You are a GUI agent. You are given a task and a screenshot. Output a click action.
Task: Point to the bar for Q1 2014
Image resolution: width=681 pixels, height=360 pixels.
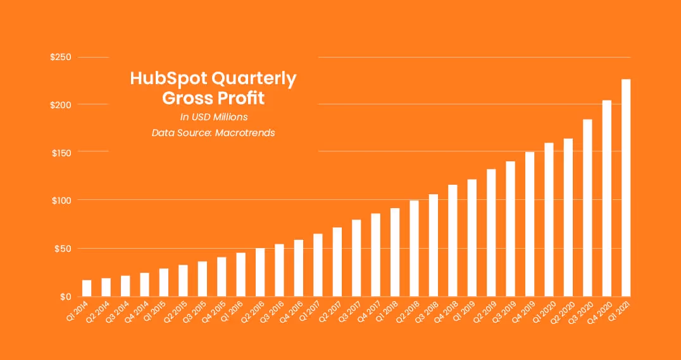pyautogui.click(x=87, y=288)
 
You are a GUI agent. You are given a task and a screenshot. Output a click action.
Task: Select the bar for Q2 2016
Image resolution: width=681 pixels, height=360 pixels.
pyautogui.click(x=260, y=272)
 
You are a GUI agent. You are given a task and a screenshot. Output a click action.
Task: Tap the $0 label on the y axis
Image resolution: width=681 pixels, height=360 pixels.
pyautogui.click(x=65, y=296)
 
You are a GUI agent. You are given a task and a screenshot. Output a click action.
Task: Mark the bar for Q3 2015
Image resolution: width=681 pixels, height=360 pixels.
pyautogui.click(x=203, y=278)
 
